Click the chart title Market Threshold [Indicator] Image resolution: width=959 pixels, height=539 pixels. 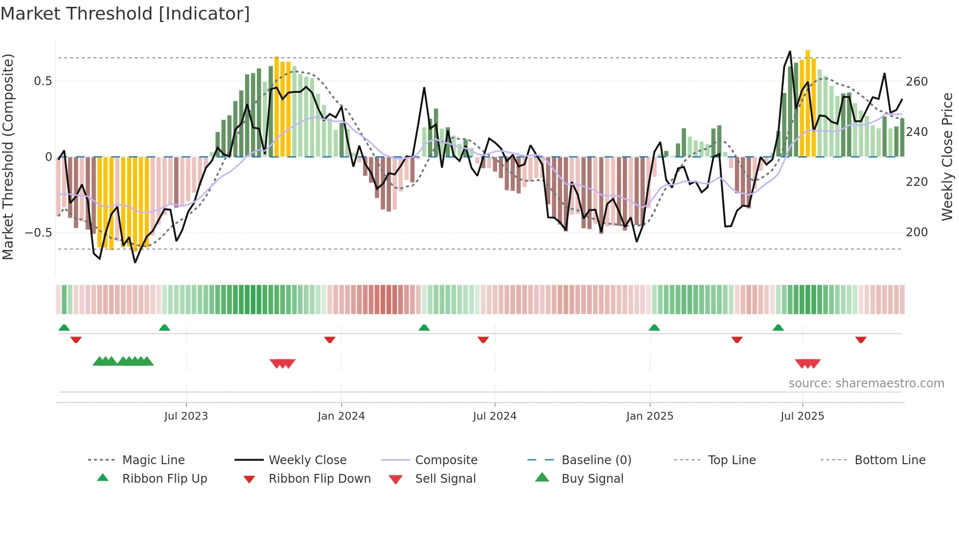(x=125, y=14)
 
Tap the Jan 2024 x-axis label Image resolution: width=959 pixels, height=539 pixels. (x=341, y=416)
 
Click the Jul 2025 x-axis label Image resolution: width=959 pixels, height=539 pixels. (x=802, y=416)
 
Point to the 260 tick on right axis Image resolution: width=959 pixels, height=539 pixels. (x=916, y=82)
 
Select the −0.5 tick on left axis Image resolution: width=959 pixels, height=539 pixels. (x=39, y=232)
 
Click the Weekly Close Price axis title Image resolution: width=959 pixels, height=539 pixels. (x=947, y=157)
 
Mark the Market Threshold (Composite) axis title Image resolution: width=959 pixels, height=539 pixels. (x=8, y=157)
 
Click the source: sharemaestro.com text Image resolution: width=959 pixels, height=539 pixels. (x=866, y=383)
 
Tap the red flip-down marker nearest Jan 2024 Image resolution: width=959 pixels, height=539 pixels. (x=330, y=339)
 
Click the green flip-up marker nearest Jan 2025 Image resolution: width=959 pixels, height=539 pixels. (x=654, y=327)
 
